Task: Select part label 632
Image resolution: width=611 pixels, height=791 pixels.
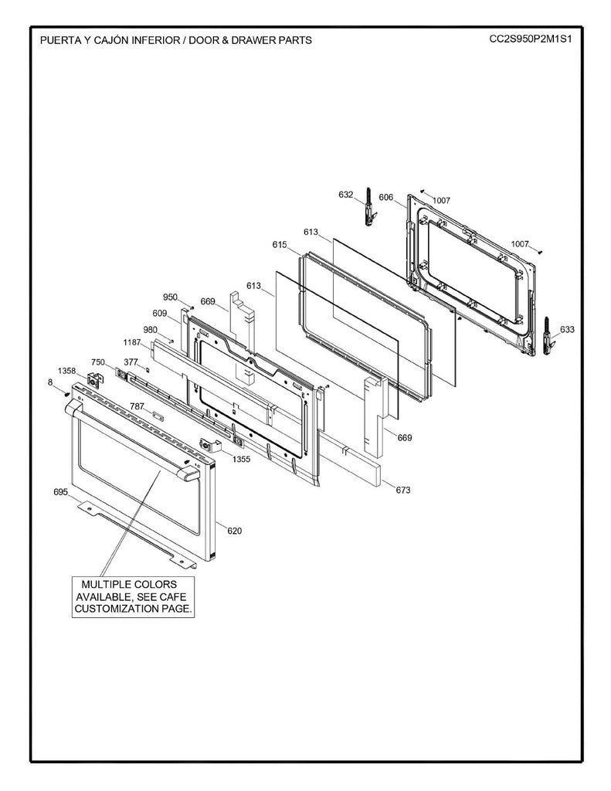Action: pos(345,195)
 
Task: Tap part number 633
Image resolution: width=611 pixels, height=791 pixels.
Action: pos(567,329)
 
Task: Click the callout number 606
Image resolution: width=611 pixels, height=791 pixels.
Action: pos(386,198)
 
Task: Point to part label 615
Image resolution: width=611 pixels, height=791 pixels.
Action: pos(280,244)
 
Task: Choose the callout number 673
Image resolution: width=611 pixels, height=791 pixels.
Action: pos(403,490)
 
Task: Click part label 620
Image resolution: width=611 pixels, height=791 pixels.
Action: pos(234,531)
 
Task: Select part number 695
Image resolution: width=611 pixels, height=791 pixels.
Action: pos(61,491)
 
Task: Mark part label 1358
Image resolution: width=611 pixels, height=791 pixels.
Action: pos(67,371)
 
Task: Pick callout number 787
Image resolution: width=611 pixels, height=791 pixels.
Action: pos(137,406)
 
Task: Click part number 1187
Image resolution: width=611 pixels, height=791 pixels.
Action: pos(132,341)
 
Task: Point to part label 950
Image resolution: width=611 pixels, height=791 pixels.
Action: pos(170,297)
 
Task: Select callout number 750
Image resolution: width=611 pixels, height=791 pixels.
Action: pos(98,362)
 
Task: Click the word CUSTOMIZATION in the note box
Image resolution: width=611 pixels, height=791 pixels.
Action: pos(114,609)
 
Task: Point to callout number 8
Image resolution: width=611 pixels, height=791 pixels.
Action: pos(50,382)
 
